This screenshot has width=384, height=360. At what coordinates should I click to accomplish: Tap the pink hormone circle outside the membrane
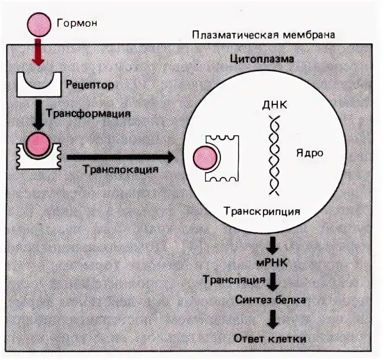40,25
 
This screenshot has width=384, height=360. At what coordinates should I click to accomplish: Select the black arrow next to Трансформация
39,114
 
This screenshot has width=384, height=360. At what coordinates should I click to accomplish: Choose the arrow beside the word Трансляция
274,280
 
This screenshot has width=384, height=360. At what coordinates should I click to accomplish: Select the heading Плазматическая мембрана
263,35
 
